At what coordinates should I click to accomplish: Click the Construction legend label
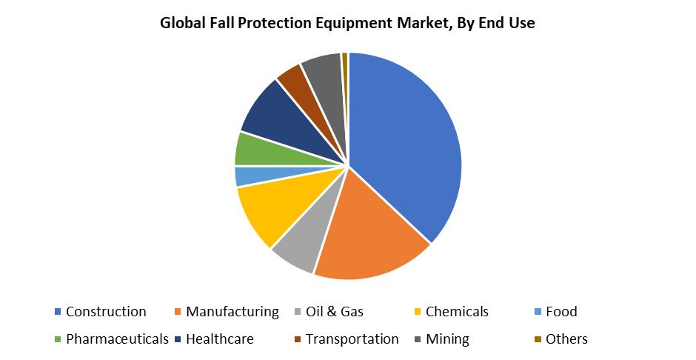[106, 312]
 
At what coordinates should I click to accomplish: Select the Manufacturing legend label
[232, 312]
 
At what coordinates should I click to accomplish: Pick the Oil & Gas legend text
[335, 312]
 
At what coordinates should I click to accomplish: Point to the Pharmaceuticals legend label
[117, 339]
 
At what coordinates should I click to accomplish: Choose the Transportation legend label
[352, 339]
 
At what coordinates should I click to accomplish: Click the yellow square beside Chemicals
[418, 312]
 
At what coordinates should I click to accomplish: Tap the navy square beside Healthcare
[178, 339]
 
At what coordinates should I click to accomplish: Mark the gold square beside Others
[538, 339]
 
